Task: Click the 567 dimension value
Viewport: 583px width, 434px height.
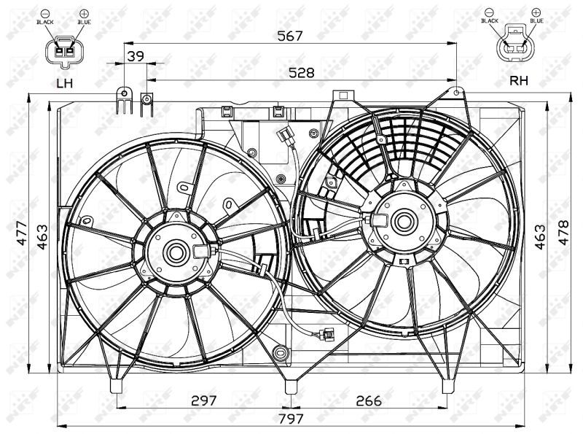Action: click(x=290, y=35)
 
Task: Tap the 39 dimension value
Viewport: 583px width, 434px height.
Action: click(x=135, y=57)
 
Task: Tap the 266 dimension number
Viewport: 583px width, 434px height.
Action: click(x=369, y=399)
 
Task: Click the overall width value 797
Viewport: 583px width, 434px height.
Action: click(x=289, y=418)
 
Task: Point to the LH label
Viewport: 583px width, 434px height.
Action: click(x=66, y=83)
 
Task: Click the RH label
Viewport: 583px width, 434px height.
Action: click(x=518, y=81)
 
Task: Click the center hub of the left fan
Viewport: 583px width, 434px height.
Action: click(x=176, y=253)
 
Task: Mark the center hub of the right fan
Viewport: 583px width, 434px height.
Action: click(x=402, y=218)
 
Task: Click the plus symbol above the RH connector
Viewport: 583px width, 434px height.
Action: click(x=536, y=12)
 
